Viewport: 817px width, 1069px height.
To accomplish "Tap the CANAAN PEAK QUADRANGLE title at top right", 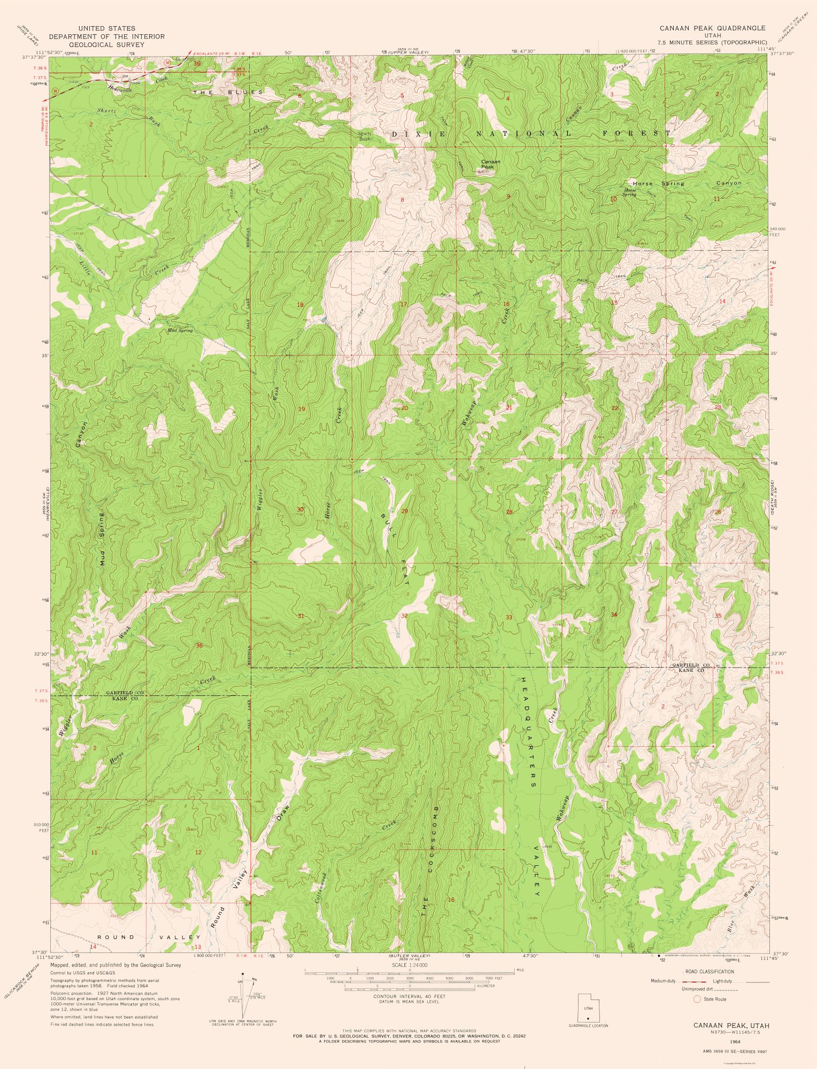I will [x=712, y=28].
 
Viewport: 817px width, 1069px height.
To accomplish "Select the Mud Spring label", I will [x=180, y=331].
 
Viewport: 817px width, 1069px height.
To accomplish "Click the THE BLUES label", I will [x=228, y=92].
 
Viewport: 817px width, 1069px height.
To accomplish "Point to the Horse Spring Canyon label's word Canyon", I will [x=729, y=183].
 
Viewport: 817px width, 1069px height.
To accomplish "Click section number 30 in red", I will [x=300, y=509].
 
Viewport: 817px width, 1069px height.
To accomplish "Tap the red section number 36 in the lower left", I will [x=199, y=645].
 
